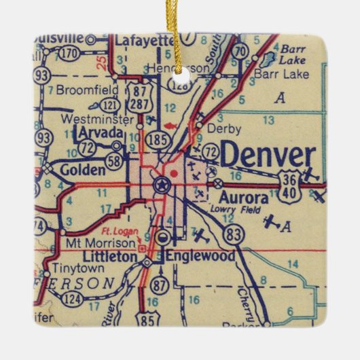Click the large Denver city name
268,156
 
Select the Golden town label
81,168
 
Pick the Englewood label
200,256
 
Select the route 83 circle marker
234,234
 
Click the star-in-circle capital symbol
162,183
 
